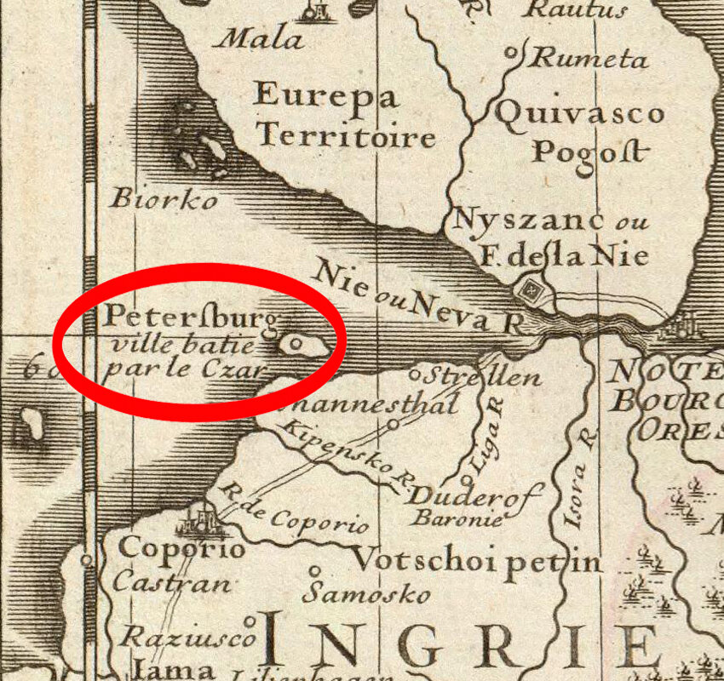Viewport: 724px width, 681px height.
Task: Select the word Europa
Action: click(x=325, y=94)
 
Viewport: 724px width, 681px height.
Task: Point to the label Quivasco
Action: click(x=578, y=113)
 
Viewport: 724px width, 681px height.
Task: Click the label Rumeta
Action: click(x=589, y=60)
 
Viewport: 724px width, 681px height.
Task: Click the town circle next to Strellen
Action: click(x=415, y=373)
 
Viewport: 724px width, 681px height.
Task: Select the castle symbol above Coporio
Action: click(x=203, y=514)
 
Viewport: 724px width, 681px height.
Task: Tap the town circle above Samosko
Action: click(x=315, y=571)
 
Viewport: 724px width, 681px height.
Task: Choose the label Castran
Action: click(x=171, y=584)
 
